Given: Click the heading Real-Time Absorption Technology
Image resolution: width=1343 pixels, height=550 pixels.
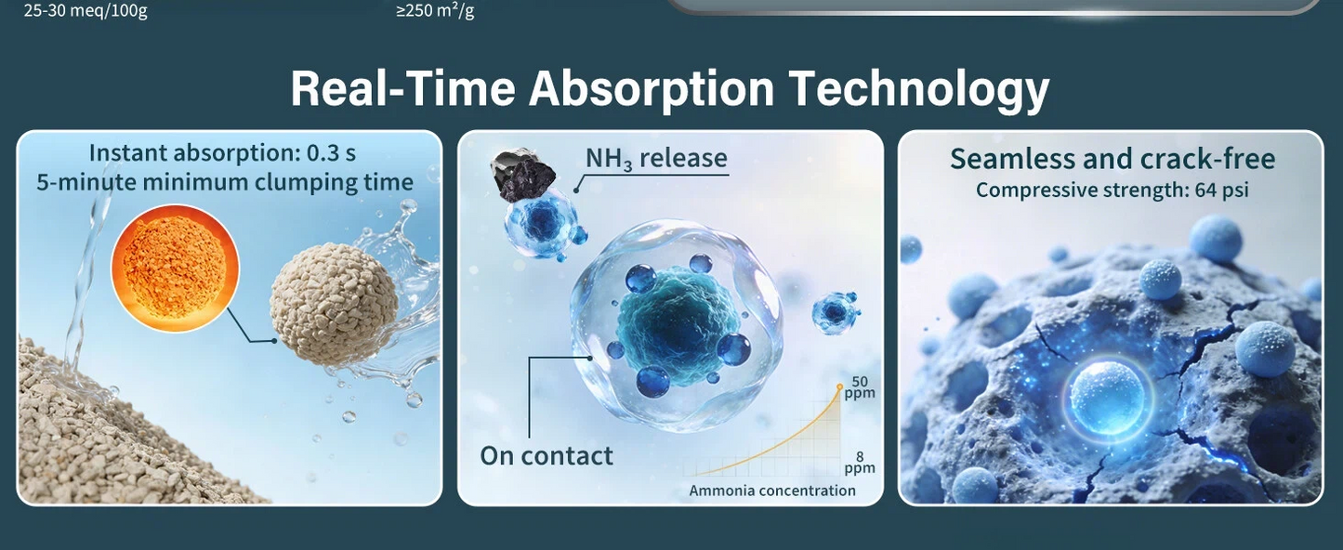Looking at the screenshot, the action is pyautogui.click(x=670, y=88).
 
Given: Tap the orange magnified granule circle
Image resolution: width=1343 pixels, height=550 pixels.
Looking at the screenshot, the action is pyautogui.click(x=175, y=268).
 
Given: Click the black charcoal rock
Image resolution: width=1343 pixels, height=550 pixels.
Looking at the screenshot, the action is pyautogui.click(x=523, y=175).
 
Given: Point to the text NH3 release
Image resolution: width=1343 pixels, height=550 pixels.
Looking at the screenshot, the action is pyautogui.click(x=656, y=159).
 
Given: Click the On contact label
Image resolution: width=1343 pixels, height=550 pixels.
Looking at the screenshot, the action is pyautogui.click(x=546, y=456).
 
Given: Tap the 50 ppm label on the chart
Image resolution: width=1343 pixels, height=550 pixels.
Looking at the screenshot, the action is pyautogui.click(x=860, y=387).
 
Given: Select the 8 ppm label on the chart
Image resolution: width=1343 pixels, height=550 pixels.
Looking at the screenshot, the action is pyautogui.click(x=860, y=462).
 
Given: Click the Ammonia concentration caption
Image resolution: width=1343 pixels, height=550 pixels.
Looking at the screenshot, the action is pyautogui.click(x=772, y=491).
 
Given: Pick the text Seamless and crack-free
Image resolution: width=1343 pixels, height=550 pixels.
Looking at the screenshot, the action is pyautogui.click(x=1113, y=159).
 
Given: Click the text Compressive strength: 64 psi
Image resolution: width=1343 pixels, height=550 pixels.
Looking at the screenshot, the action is pyautogui.click(x=1113, y=190).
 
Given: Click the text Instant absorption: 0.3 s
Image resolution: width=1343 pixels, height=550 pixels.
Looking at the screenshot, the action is pyautogui.click(x=222, y=153).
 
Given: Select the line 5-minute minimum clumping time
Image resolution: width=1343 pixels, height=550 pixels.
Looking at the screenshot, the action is pyautogui.click(x=225, y=182).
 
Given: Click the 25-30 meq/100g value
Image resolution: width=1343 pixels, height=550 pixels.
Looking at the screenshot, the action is pyautogui.click(x=86, y=11).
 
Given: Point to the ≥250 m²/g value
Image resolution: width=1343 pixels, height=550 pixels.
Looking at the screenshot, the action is pyautogui.click(x=435, y=11).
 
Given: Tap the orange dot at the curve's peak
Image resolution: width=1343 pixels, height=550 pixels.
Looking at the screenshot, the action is pyautogui.click(x=839, y=387).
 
